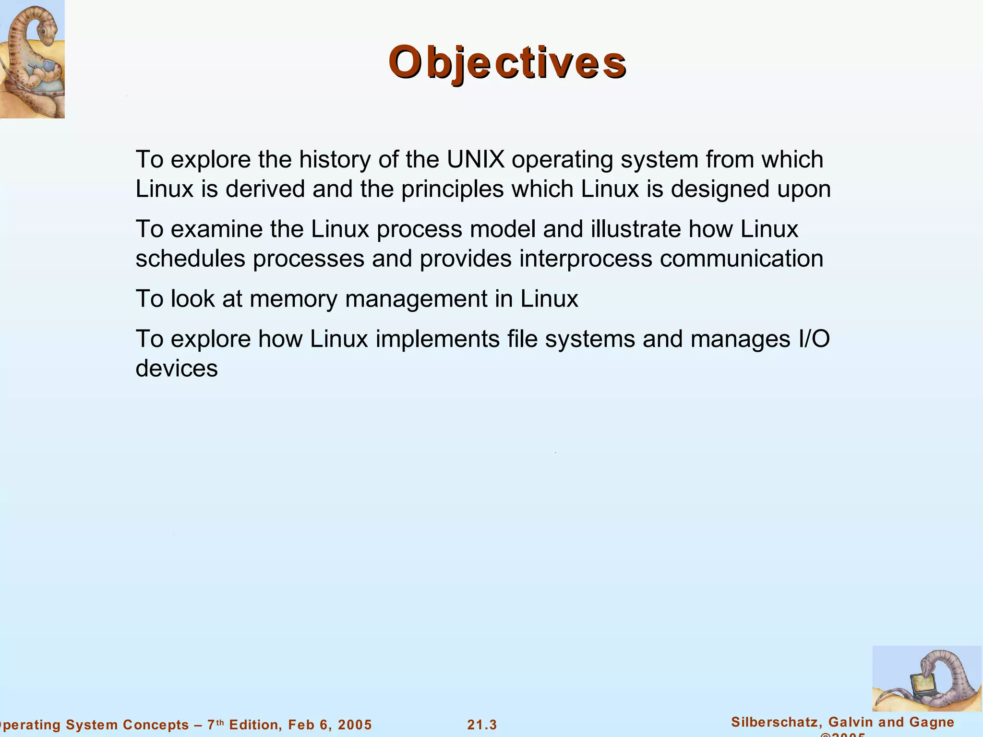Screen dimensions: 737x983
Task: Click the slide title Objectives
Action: pos(507,63)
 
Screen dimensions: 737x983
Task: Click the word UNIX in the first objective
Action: pos(476,160)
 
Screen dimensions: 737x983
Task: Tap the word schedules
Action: pos(191,259)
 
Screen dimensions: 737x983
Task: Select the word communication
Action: pos(742,259)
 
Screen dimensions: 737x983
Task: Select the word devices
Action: pos(177,369)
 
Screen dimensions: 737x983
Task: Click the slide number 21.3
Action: pos(482,725)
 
